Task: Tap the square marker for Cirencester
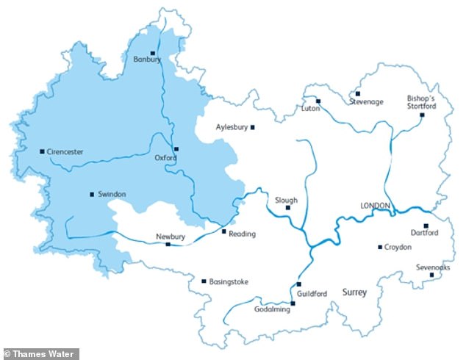pyautogui.click(x=42, y=151)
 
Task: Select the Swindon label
pyautogui.click(x=111, y=194)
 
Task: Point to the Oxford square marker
pyautogui.click(x=176, y=149)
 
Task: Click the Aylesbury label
pyautogui.click(x=232, y=127)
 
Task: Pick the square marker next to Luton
pyautogui.click(x=318, y=101)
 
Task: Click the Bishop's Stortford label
pyautogui.click(x=421, y=102)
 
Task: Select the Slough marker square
pyautogui.click(x=287, y=208)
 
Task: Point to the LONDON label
pyautogui.click(x=374, y=205)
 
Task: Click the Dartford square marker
pyautogui.click(x=426, y=226)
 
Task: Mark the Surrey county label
pyautogui.click(x=354, y=292)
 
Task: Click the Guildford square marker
pyautogui.click(x=299, y=284)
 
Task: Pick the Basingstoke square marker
pyautogui.click(x=204, y=281)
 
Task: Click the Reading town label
pyautogui.click(x=242, y=234)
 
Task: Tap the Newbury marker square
pyautogui.click(x=168, y=244)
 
